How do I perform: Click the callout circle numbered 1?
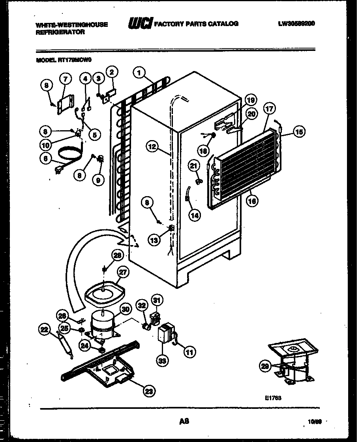coord(139,72)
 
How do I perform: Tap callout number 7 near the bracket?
coord(65,80)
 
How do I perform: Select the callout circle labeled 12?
coord(154,147)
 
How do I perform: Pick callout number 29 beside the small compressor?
coord(265,367)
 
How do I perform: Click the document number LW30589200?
coord(296,24)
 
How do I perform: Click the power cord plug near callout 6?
coord(60,171)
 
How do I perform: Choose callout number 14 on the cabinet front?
coord(194,215)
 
